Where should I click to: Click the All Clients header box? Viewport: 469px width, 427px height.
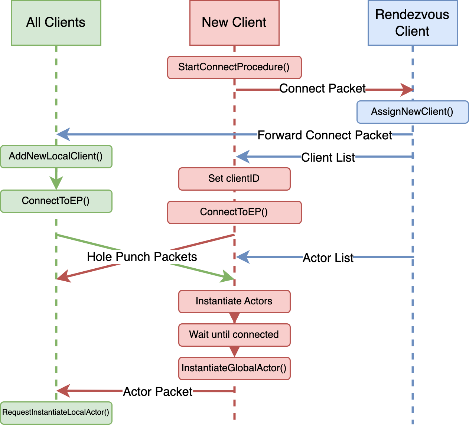coord(56,23)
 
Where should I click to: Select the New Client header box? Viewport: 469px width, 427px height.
coord(234,23)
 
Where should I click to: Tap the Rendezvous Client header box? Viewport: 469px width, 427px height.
coord(412,23)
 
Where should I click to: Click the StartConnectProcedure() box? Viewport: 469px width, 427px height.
coord(234,67)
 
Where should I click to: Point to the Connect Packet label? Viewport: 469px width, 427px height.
coord(322,89)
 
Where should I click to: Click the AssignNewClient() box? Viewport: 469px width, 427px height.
coord(412,112)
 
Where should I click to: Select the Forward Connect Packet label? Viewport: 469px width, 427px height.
coord(325,135)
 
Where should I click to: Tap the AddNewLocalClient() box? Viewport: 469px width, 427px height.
coord(56,156)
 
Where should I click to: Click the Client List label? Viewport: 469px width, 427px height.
coord(328,158)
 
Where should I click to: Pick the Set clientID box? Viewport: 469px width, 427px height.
coord(234,179)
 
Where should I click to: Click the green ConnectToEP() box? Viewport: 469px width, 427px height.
coord(56,201)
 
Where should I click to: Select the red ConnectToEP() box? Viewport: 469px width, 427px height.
coord(234,212)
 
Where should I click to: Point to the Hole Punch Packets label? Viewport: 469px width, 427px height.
coord(142,257)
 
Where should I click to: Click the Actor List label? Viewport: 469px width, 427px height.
coord(328,258)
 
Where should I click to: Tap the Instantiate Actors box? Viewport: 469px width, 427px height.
coord(234,301)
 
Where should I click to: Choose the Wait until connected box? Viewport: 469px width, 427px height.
coord(234,335)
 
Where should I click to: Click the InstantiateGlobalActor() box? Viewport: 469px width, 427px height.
coord(234,368)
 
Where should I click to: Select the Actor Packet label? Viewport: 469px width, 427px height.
coord(157,392)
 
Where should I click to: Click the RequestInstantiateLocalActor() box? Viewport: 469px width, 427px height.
coord(56,413)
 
